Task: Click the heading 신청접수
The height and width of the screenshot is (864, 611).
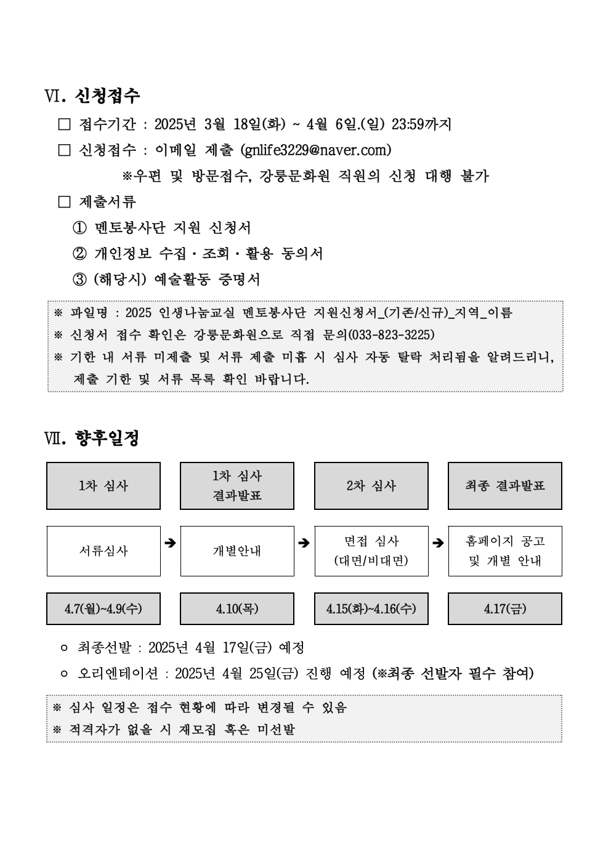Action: click(108, 95)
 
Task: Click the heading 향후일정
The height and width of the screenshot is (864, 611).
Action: click(107, 438)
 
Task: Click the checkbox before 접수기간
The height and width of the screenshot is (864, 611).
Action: click(65, 124)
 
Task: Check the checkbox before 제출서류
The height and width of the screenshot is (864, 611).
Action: click(65, 201)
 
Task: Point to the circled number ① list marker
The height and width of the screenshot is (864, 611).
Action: click(79, 228)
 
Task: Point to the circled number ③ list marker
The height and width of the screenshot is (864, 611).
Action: click(79, 280)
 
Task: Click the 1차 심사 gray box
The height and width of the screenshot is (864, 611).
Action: click(103, 486)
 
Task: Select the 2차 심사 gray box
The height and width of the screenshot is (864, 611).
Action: click(371, 486)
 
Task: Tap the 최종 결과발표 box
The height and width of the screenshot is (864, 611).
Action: click(505, 486)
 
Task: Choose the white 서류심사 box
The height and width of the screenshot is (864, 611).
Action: click(103, 551)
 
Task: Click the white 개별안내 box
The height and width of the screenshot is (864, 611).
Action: click(237, 551)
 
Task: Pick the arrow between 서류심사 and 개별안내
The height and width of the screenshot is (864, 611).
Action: click(171, 543)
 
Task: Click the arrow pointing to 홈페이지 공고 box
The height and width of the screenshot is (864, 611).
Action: click(438, 543)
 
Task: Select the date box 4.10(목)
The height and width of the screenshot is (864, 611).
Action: click(237, 609)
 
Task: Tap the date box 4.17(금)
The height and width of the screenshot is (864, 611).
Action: click(505, 609)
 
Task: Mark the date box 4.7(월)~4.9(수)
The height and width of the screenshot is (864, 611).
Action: click(103, 609)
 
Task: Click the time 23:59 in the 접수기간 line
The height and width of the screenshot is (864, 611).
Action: click(408, 124)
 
